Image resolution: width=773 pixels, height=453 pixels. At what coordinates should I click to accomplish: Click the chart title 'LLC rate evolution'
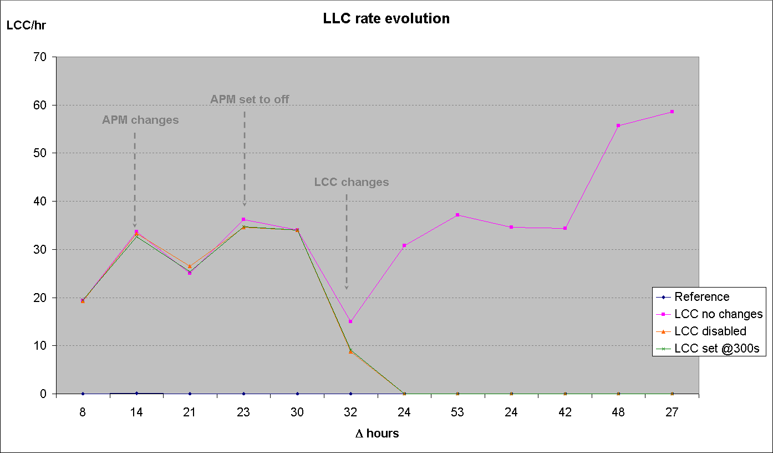(x=386, y=18)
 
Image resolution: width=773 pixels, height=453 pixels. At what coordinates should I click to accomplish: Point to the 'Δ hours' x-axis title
(x=377, y=434)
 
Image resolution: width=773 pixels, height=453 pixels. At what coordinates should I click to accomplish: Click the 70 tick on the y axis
(x=44, y=57)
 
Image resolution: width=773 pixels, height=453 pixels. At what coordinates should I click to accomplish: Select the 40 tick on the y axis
(x=44, y=201)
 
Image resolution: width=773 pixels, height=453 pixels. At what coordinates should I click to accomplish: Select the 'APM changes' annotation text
(x=140, y=120)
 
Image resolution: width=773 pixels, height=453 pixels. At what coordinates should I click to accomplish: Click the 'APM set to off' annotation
(x=250, y=100)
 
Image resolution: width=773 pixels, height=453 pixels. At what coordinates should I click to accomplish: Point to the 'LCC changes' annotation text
(x=352, y=182)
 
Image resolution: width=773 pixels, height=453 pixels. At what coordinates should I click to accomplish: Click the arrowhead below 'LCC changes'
(x=347, y=287)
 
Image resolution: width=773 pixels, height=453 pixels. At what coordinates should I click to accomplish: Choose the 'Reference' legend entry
(x=701, y=297)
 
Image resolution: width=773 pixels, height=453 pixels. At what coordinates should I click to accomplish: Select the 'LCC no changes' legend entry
(x=718, y=314)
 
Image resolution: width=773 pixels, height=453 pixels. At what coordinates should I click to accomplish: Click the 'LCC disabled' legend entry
(x=710, y=331)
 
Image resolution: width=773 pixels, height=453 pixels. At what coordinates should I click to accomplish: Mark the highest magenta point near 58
(x=672, y=112)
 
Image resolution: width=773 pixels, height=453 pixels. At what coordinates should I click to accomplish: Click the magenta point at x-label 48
(x=618, y=125)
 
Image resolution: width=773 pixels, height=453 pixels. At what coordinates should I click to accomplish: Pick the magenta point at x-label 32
(x=350, y=321)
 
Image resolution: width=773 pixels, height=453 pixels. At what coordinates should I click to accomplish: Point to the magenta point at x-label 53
(x=457, y=215)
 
